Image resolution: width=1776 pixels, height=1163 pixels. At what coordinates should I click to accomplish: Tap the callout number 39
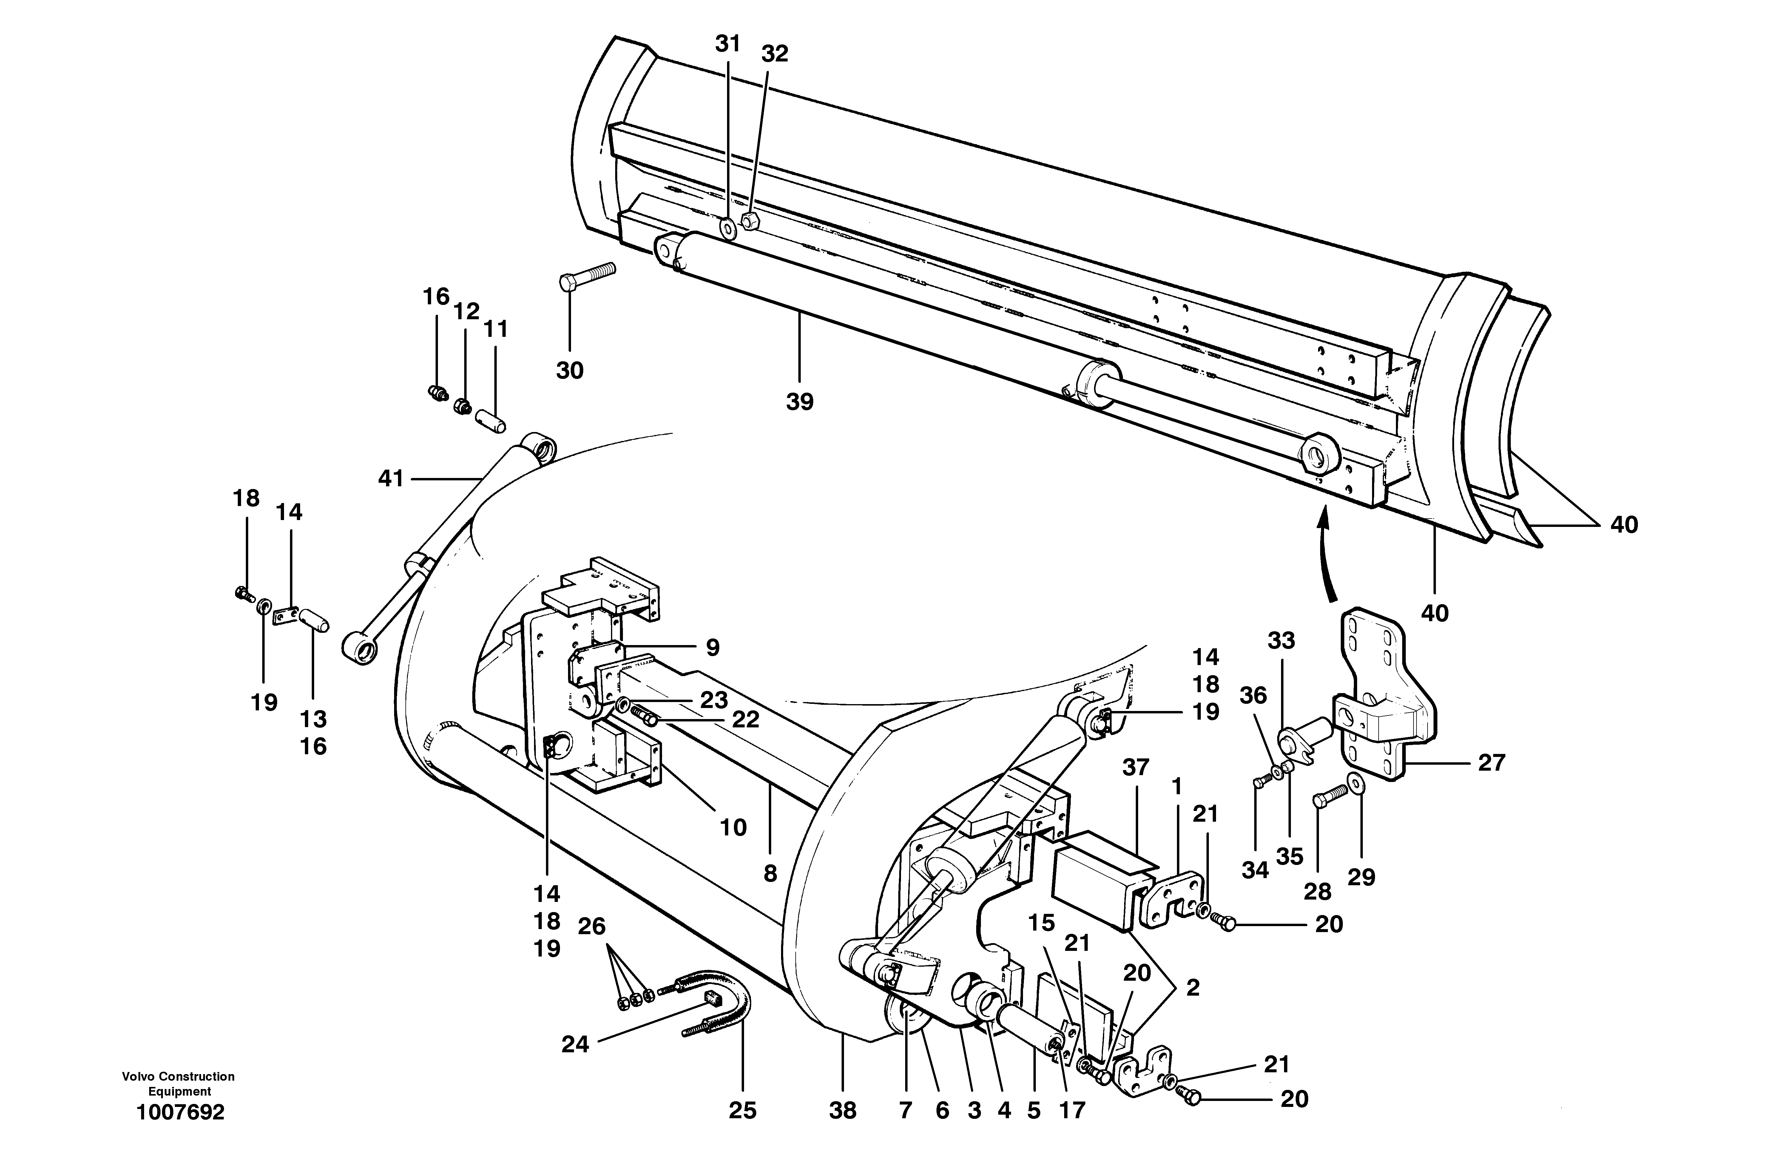(x=799, y=402)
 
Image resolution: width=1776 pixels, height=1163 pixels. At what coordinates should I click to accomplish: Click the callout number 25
(x=743, y=1111)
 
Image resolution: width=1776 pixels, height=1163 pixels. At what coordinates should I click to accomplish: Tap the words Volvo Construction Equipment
(x=179, y=1084)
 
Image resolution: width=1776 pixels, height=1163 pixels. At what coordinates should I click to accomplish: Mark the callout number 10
(x=733, y=827)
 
